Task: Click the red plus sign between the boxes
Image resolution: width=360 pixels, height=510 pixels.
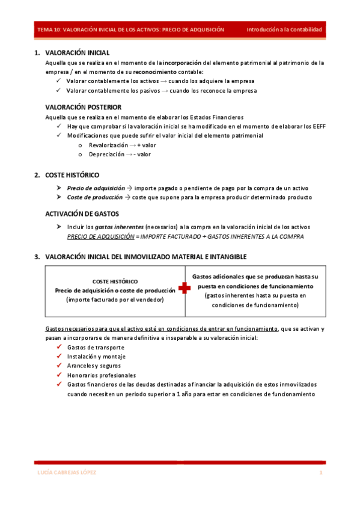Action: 184,289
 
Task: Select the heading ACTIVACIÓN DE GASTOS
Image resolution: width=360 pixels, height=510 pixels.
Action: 82,214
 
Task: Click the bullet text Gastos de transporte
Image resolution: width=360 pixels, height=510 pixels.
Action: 96,348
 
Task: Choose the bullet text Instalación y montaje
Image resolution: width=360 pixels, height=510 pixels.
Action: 96,357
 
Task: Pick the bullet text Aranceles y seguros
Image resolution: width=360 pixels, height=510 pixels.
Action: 94,366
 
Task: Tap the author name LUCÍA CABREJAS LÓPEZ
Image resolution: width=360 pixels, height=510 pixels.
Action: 66,473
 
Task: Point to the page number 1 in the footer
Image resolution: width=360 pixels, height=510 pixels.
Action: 321,473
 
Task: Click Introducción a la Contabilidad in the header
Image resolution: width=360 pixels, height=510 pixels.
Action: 284,29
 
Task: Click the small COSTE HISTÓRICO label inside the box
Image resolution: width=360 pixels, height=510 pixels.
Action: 114,281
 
